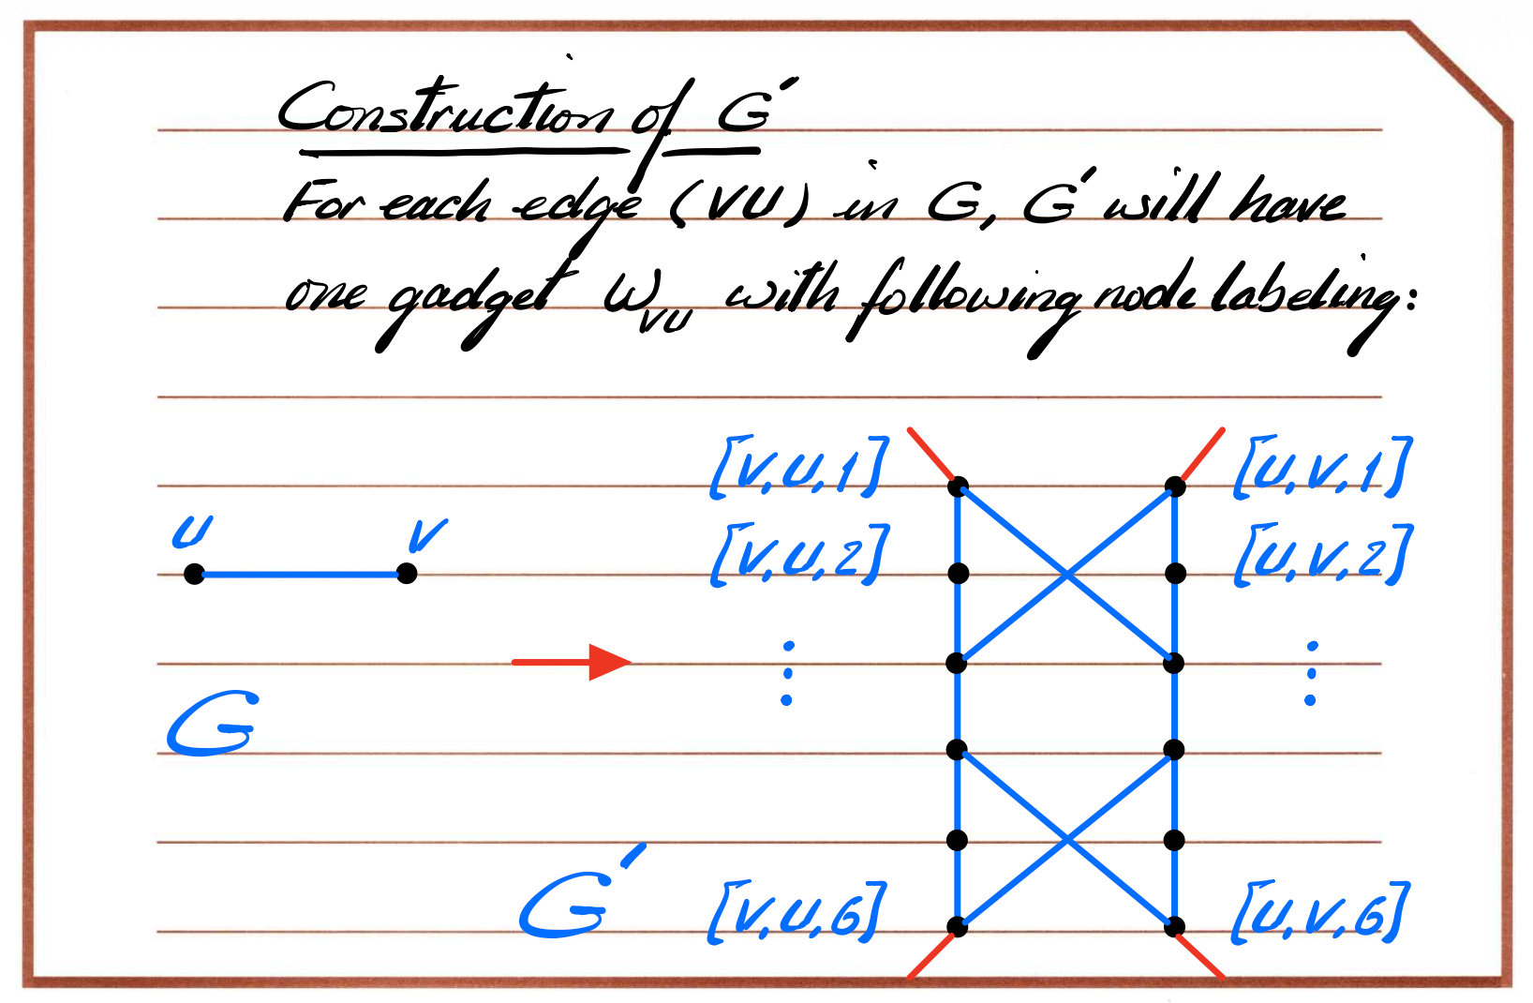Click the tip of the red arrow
coord(631,662)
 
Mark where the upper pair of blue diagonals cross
coord(1066,575)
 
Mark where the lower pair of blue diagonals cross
coord(1066,839)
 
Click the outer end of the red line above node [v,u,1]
coord(909,430)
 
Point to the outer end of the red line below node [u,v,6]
coord(1224,978)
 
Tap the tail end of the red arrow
coord(513,662)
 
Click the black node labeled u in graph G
coord(194,574)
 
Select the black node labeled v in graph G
coord(407,573)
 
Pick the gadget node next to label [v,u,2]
coord(958,573)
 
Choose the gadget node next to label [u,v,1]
coord(1175,487)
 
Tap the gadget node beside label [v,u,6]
coord(958,927)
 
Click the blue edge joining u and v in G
coord(301,575)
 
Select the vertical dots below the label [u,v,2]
coord(1311,673)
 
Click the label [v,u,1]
coord(799,466)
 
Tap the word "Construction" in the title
coord(445,109)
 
